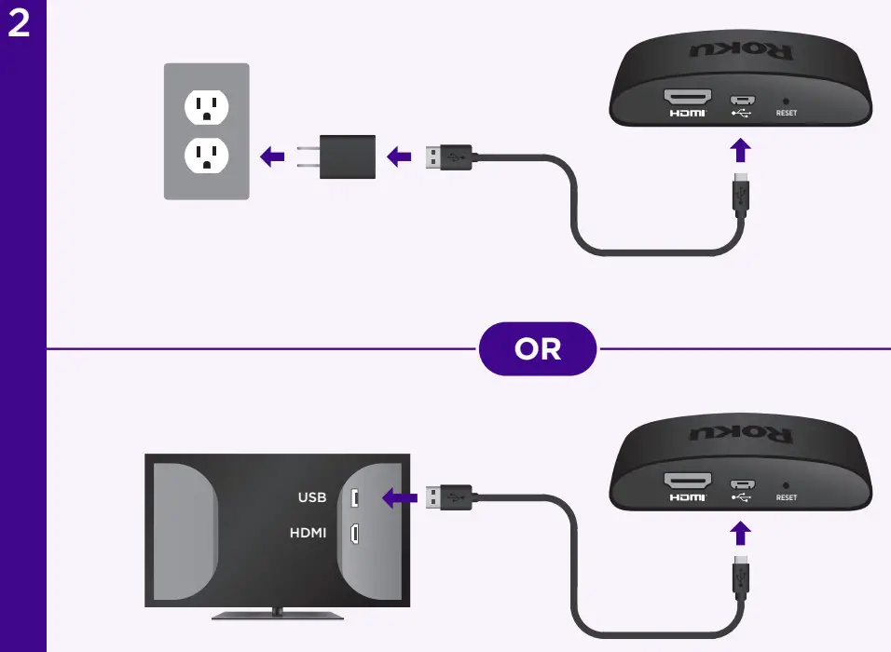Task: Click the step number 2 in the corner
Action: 20,24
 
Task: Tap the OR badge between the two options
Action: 538,348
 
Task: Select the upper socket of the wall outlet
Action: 206,107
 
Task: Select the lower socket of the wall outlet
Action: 206,156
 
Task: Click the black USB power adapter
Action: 346,156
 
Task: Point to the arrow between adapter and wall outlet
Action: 271,156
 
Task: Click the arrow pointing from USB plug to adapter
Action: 399,156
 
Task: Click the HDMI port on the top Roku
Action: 687,98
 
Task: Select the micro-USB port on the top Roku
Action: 742,100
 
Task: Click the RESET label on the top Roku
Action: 786,113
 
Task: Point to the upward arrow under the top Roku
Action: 740,150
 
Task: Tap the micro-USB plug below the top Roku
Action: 741,193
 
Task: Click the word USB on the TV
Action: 312,497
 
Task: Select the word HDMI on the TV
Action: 308,533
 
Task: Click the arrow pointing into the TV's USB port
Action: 399,498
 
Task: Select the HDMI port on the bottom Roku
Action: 687,482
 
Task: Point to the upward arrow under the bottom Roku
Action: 740,533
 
